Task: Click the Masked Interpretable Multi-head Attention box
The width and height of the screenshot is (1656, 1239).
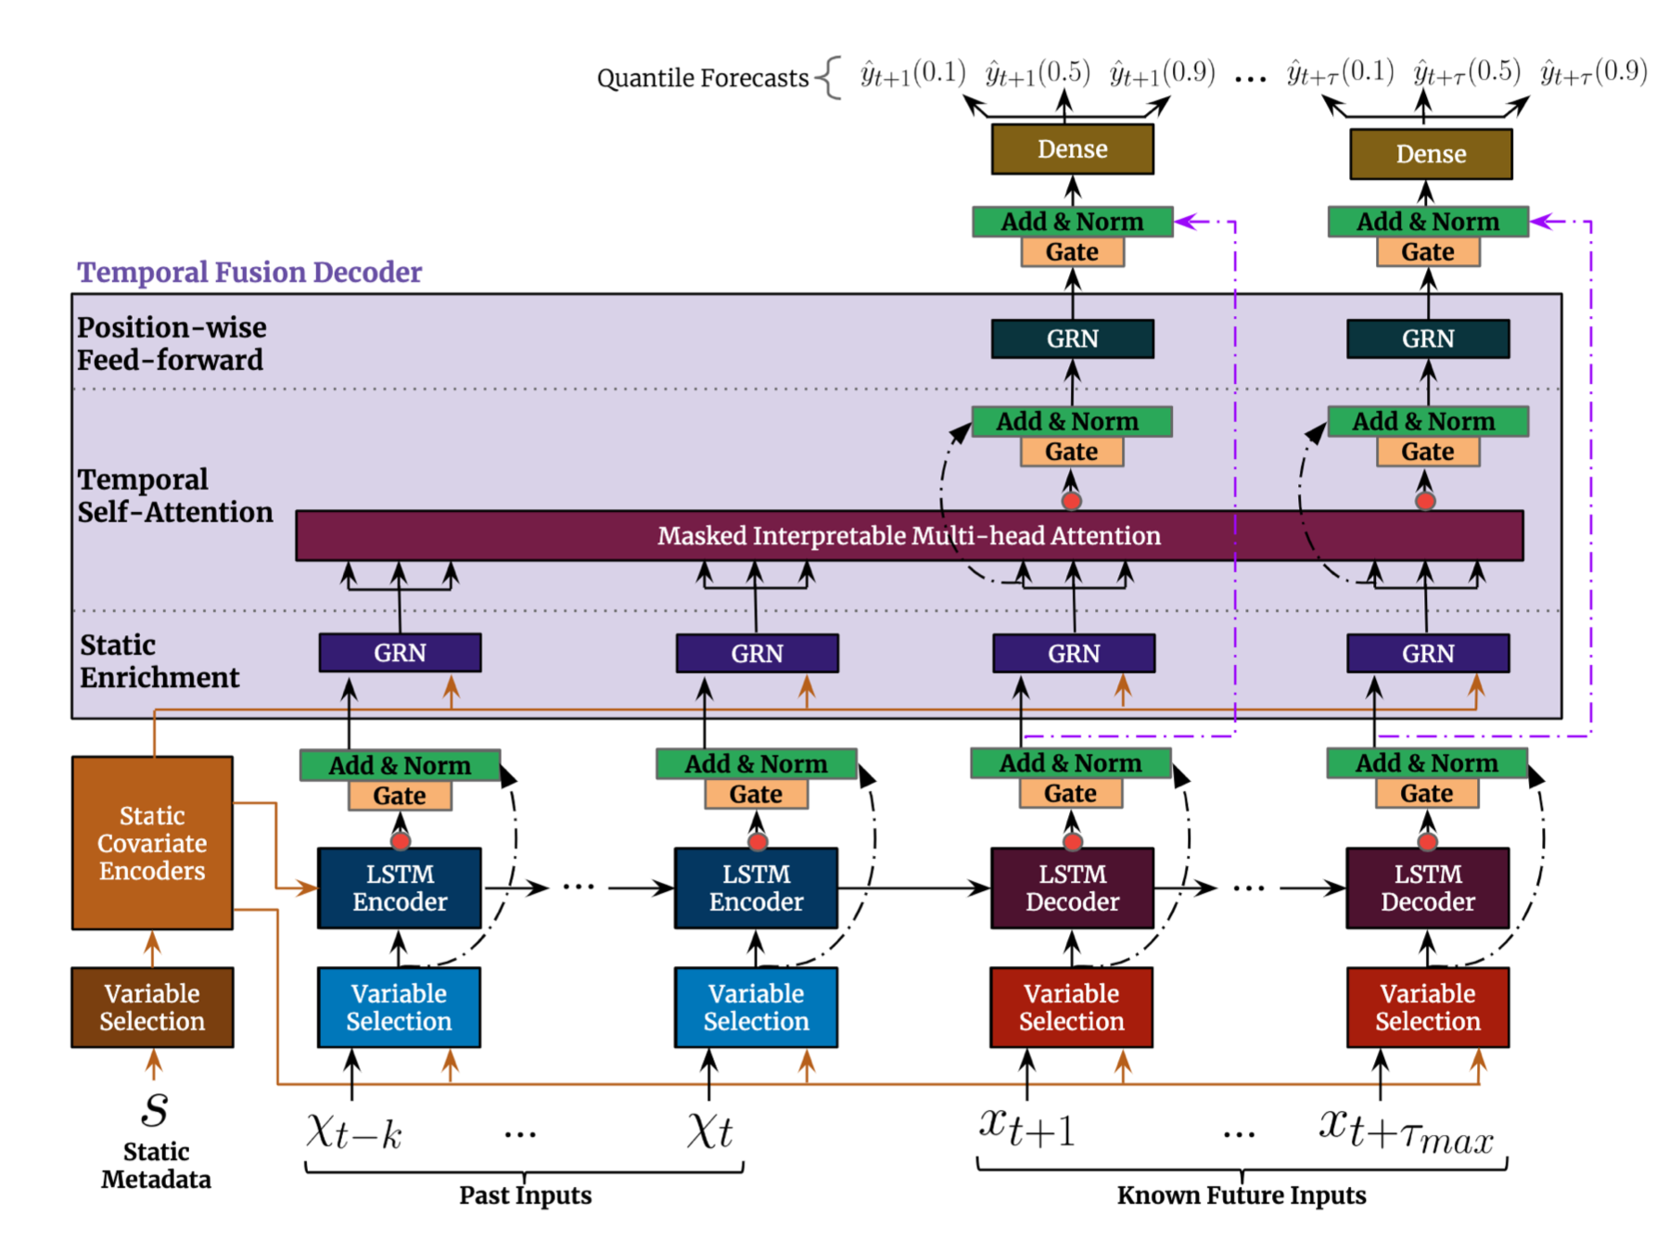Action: coord(909,535)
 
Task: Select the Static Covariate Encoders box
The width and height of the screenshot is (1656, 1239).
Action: coord(152,843)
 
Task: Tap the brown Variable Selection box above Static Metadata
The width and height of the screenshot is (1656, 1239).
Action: coord(152,1007)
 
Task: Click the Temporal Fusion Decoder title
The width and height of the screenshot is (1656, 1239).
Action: coord(248,272)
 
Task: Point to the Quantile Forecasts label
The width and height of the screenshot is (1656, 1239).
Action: coord(702,78)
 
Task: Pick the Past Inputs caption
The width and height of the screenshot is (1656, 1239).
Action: coord(525,1195)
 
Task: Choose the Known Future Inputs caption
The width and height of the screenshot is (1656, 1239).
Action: coord(1241,1195)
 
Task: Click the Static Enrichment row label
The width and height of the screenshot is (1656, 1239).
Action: coord(159,661)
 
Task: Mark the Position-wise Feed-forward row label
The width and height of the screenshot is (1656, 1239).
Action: coord(171,343)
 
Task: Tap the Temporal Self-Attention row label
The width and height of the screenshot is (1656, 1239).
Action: coord(174,495)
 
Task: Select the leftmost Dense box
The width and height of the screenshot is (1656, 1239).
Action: coord(1072,149)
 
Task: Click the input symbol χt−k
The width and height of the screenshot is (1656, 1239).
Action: coord(354,1132)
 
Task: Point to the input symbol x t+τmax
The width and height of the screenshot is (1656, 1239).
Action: coord(1406,1132)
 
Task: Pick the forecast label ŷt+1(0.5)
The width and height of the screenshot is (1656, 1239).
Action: coord(1037,73)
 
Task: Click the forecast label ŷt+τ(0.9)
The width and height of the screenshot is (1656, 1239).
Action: coord(1593,71)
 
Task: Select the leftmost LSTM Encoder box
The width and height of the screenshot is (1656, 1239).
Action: coord(400,888)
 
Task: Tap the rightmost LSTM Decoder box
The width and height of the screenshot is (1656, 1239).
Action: coord(1427,888)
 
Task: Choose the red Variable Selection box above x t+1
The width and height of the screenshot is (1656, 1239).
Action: coord(1071,1007)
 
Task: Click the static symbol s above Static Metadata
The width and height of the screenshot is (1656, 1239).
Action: coord(155,1109)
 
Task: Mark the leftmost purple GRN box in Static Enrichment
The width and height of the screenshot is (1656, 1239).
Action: coord(400,653)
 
